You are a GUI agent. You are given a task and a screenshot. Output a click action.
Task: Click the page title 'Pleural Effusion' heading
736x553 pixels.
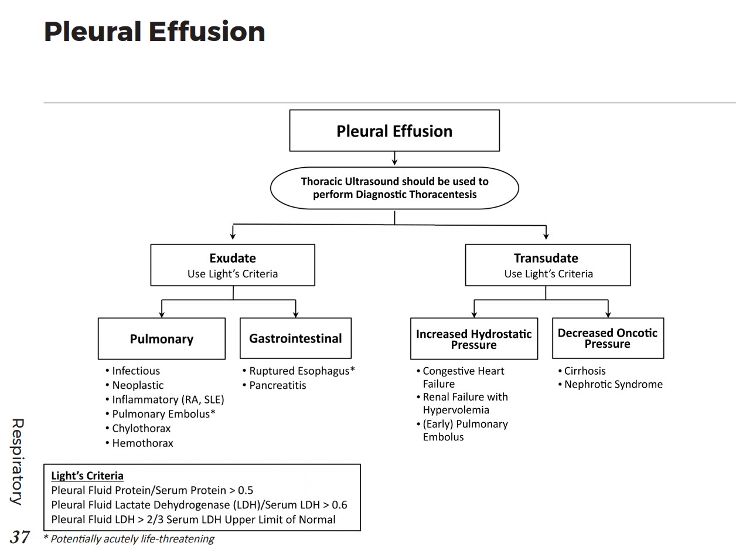coord(155,32)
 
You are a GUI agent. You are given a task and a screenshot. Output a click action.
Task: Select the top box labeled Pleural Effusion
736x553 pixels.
coord(394,131)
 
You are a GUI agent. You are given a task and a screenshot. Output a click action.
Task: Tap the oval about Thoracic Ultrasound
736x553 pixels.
coord(394,188)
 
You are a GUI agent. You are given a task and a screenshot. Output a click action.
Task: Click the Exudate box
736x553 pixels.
coord(233,265)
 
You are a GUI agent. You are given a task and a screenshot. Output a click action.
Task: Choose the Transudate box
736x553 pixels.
coord(548,265)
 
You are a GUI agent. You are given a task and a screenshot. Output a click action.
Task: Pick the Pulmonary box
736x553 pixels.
coord(162,339)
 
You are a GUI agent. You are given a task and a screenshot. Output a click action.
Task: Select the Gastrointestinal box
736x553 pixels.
coord(295,338)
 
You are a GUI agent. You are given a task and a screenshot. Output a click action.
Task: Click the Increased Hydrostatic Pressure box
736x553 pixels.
coord(474,339)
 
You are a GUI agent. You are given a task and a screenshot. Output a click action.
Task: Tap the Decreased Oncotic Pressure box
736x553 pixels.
coord(608,338)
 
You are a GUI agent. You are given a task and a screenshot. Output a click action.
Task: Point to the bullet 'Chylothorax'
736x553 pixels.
coord(141,429)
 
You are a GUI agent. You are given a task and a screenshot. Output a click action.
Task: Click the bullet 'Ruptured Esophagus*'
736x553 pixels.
coord(302,371)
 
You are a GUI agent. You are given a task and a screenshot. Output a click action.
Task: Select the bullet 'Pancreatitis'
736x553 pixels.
coord(277,385)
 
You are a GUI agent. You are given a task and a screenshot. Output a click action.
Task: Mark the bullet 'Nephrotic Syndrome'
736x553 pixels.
coord(613,385)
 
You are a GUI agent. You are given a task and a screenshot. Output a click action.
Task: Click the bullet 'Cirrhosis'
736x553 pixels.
coord(585,371)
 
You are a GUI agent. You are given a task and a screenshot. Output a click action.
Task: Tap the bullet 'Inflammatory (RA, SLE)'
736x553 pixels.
coord(168,400)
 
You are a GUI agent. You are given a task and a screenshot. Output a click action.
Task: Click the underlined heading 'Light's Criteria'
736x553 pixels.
coord(87,476)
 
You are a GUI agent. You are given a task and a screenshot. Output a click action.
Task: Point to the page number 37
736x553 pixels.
coord(20,537)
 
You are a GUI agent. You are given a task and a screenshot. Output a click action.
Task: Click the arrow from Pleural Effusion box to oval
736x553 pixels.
coord(394,158)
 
